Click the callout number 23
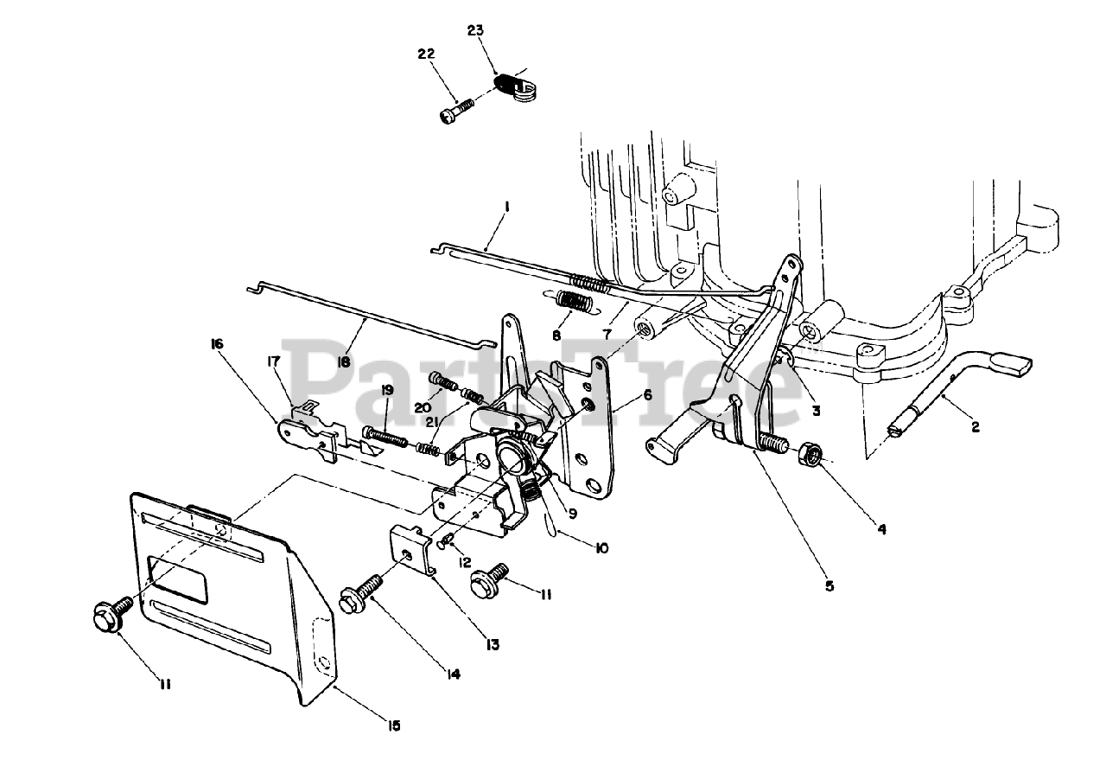pos(475,30)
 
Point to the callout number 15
pos(393,726)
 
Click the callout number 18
pos(344,362)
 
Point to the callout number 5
pos(829,585)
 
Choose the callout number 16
pos(216,343)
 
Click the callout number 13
pos(492,644)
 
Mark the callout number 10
pos(601,548)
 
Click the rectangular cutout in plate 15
pos(178,578)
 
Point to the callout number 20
pos(423,407)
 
